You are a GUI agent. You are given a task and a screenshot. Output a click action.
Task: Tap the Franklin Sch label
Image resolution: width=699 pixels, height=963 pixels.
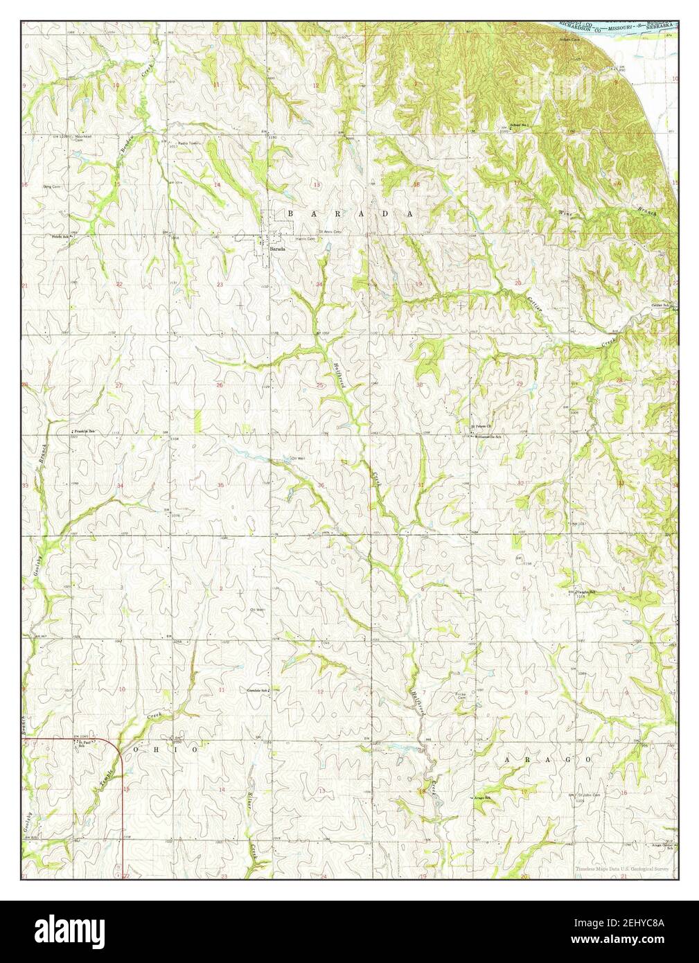click(85, 430)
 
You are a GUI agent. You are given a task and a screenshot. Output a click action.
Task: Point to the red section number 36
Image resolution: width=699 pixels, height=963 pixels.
click(321, 485)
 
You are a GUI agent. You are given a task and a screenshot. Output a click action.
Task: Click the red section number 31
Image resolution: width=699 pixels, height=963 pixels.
click(421, 484)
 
